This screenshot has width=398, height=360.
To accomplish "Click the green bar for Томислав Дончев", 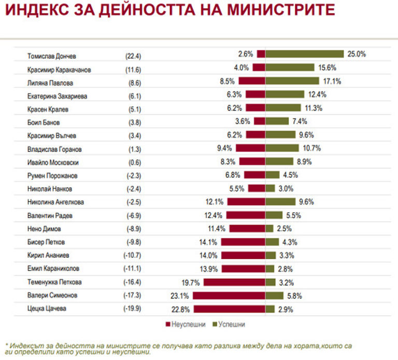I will [305, 54].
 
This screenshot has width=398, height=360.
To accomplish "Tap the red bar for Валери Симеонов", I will [229, 296].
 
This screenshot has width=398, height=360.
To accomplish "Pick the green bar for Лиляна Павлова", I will [292, 81].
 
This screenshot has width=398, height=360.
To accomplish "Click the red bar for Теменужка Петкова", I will [234, 282].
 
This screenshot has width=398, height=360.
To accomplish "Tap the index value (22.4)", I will [133, 55].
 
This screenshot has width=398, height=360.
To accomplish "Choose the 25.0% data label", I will [357, 54].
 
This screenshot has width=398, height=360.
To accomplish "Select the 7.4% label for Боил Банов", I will [300, 121].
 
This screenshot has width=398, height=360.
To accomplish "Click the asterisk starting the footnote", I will [6, 344].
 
